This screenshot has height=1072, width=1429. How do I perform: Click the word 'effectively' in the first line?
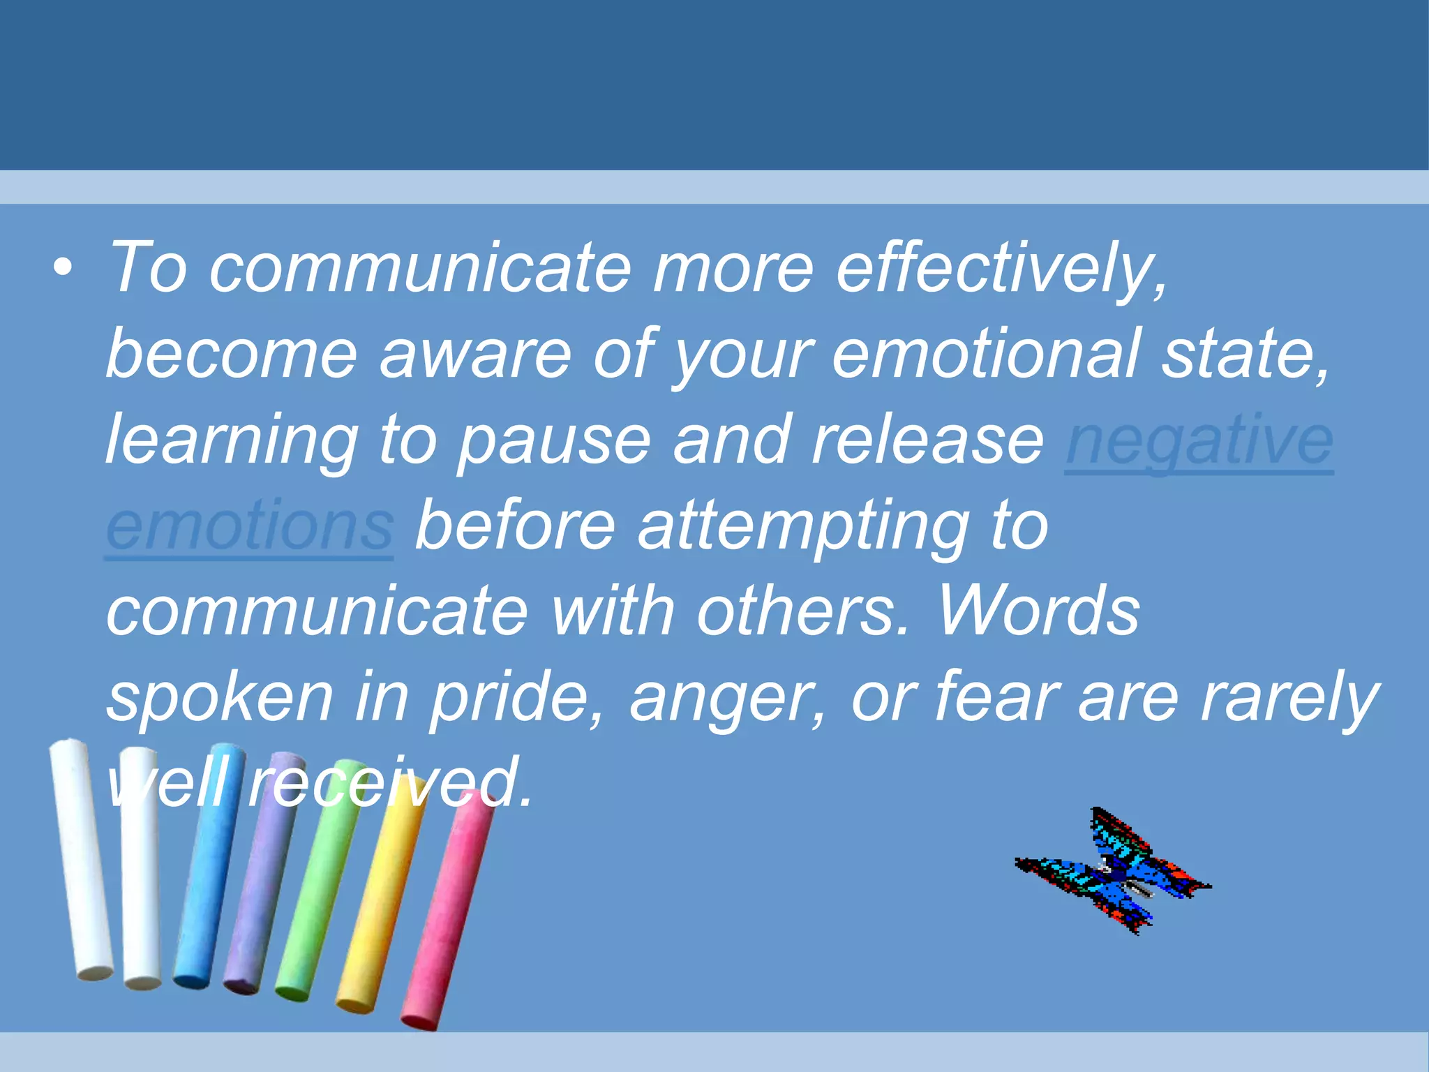click(1001, 269)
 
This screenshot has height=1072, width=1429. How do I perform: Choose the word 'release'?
click(927, 440)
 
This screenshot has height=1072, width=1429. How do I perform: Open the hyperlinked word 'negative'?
click(1199, 440)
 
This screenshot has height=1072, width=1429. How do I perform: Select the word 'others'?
click(802, 612)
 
